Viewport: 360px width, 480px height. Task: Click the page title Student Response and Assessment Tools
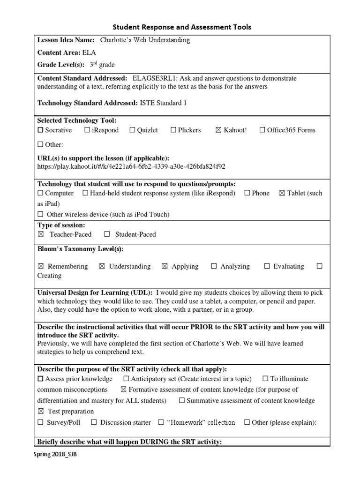coord(180,27)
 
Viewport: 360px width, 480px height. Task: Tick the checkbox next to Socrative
coord(40,130)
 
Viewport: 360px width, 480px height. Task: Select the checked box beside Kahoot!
coord(218,130)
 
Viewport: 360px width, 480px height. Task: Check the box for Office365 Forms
coord(262,130)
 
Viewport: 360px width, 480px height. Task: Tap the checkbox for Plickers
coord(173,130)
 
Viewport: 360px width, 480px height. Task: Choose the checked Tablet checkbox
coord(282,193)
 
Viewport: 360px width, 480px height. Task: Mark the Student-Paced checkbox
coord(107,234)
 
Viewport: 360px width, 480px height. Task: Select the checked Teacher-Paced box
coord(41,234)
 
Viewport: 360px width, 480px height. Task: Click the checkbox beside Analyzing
coord(214,266)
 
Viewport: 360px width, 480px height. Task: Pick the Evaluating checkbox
coord(267,266)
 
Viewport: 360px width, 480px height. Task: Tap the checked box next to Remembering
coord(41,266)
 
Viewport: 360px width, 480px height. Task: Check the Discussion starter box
coord(94,422)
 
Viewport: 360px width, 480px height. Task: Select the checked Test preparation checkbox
coord(41,412)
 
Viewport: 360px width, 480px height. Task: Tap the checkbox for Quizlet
coord(132,130)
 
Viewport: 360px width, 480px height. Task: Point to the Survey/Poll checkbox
coord(40,422)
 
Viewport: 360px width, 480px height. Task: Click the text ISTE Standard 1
coord(163,103)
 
